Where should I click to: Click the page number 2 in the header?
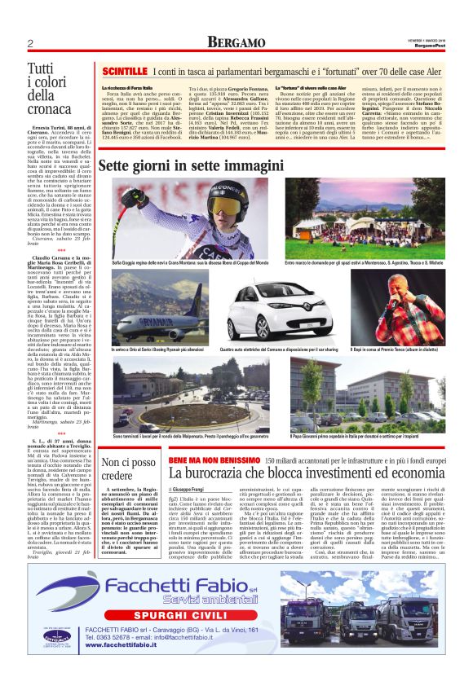tap(29, 42)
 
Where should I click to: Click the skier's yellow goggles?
tap(231, 202)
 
